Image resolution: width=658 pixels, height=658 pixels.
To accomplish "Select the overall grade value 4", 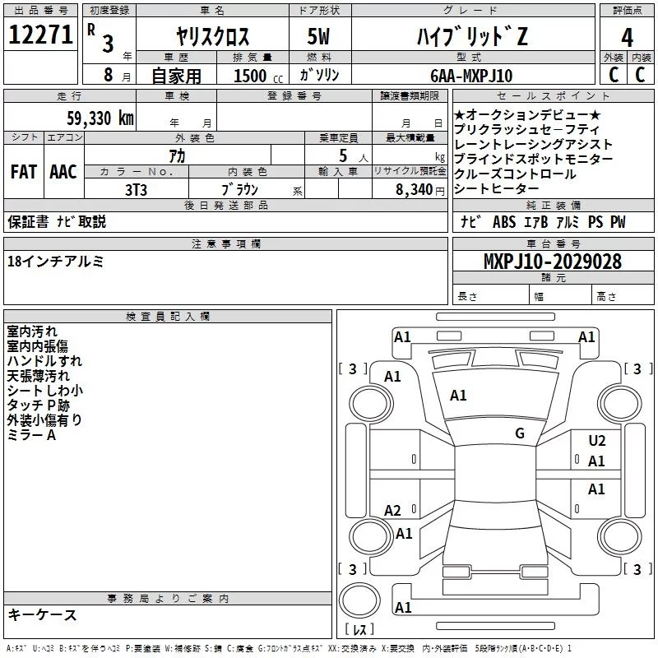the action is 627,37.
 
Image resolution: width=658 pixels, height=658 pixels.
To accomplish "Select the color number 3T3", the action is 137,188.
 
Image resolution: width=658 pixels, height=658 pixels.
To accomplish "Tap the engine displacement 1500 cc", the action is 252,76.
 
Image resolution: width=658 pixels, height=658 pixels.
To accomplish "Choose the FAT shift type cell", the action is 23,172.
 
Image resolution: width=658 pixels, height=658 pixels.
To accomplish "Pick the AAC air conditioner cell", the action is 63,172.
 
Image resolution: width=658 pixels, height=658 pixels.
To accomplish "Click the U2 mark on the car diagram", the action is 597,441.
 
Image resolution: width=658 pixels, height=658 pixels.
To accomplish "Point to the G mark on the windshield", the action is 520,433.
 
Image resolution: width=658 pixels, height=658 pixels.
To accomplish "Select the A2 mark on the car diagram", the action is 393,511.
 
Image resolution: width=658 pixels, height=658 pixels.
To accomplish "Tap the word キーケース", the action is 42,614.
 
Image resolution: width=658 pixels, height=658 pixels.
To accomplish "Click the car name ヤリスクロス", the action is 213,37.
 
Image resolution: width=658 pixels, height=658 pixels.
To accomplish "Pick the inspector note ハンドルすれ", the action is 44,360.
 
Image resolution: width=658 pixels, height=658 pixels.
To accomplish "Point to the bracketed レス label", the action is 359,630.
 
